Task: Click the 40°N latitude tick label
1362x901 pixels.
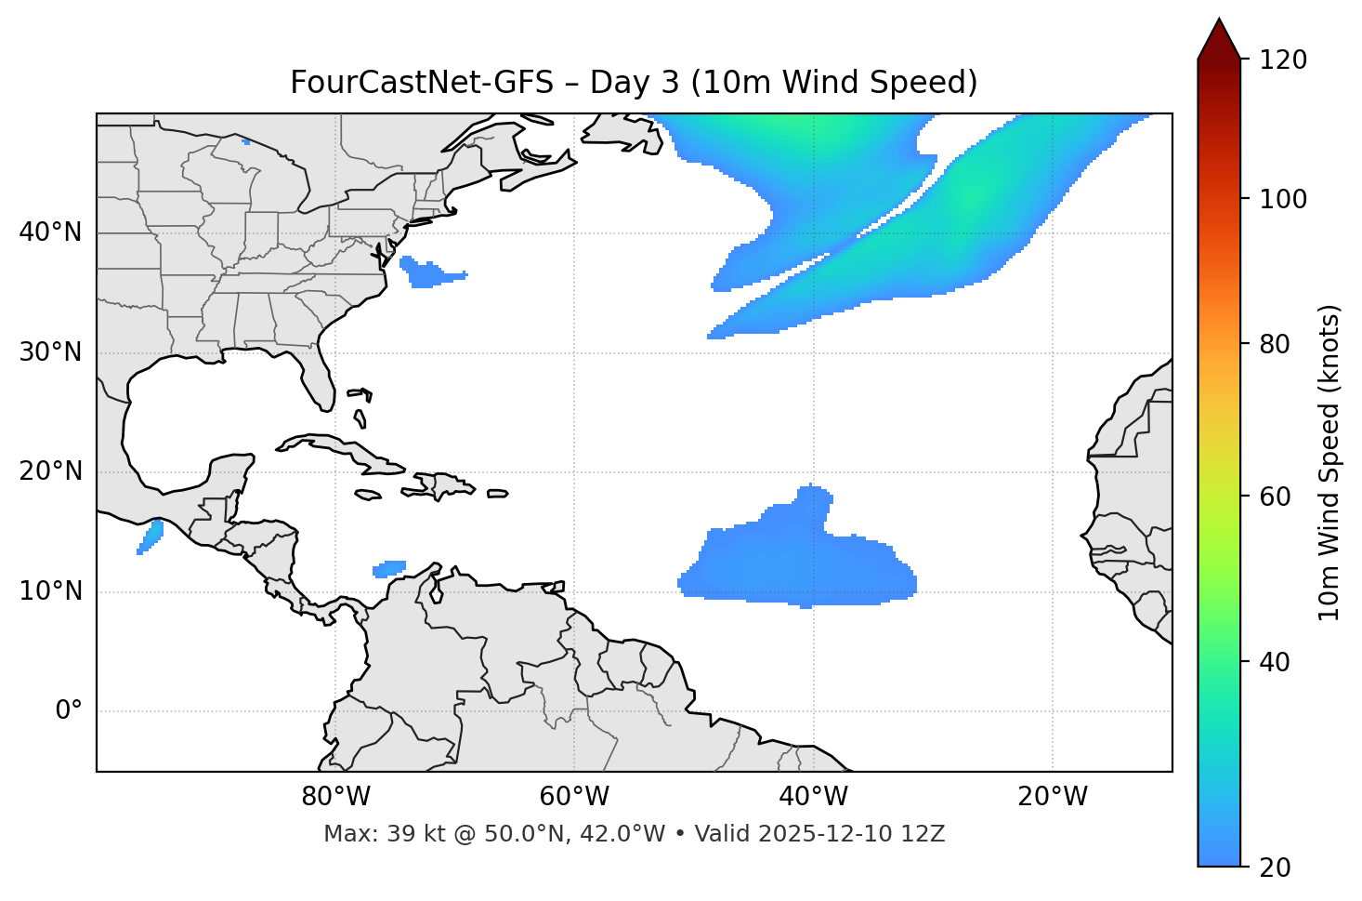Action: click(50, 232)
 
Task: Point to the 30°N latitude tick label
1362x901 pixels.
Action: click(50, 352)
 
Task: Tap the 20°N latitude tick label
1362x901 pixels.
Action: click(50, 471)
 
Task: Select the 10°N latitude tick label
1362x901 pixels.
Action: click(50, 591)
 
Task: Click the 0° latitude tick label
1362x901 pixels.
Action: click(69, 711)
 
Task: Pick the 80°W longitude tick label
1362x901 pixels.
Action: click(335, 797)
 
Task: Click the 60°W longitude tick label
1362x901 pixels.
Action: click(574, 797)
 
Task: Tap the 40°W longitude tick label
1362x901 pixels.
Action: click(814, 797)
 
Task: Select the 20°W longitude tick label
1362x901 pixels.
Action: click(1053, 797)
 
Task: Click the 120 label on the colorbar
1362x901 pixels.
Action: click(1283, 60)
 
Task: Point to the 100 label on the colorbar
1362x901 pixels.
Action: click(1283, 199)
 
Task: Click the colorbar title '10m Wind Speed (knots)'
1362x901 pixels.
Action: click(1329, 462)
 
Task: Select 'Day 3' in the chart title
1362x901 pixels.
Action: click(634, 83)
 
